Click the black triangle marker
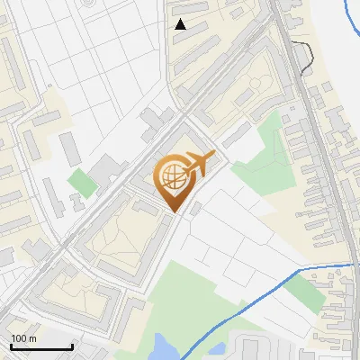coord(181,24)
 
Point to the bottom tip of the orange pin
coord(175,211)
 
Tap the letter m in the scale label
coord(32,338)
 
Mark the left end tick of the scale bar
coord(12,346)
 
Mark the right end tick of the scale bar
coord(72,346)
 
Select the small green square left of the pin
coord(83,183)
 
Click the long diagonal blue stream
coord(243,310)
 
